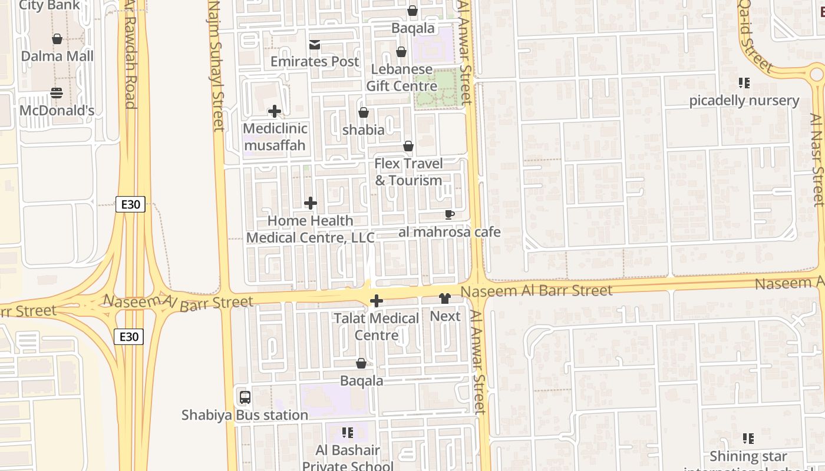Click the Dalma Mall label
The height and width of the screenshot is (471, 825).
point(57,56)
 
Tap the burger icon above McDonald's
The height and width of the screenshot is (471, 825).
point(57,93)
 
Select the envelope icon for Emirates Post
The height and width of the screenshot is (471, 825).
point(315,45)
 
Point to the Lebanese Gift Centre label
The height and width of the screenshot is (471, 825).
point(402,78)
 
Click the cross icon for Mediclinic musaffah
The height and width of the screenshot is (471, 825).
point(274,111)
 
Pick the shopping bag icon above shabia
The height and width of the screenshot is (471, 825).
point(364,112)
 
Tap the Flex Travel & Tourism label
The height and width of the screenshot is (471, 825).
point(408,171)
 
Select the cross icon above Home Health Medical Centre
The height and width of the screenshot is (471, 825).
point(311,204)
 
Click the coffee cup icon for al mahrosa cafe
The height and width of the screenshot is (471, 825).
point(450,215)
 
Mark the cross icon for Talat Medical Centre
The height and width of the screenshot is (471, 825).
point(376,301)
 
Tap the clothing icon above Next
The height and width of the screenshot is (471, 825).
point(445,299)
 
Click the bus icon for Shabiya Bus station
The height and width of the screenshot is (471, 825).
point(245,397)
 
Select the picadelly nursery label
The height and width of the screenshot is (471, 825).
point(744,101)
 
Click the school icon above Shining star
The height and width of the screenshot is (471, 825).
point(748,439)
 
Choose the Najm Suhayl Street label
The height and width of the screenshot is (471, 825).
point(216,65)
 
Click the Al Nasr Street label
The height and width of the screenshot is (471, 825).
point(817,159)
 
